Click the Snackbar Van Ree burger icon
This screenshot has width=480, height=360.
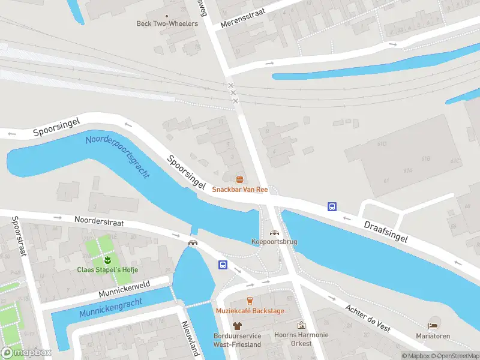[240, 179]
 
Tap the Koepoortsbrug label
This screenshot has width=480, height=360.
[274, 242]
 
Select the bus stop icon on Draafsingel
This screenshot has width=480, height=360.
[332, 206]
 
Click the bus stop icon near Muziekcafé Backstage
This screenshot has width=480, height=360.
[223, 265]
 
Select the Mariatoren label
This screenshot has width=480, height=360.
[433, 336]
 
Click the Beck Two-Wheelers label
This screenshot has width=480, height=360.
[167, 24]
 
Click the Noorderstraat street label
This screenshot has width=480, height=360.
[99, 222]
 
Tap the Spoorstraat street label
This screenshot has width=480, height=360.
[19, 237]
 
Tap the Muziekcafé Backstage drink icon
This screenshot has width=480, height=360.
[250, 301]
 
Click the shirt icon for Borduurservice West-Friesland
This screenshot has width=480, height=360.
[237, 325]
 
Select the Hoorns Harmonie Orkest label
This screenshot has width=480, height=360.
[301, 339]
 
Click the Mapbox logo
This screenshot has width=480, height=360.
[27, 353]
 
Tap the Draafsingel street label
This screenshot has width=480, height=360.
[386, 230]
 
